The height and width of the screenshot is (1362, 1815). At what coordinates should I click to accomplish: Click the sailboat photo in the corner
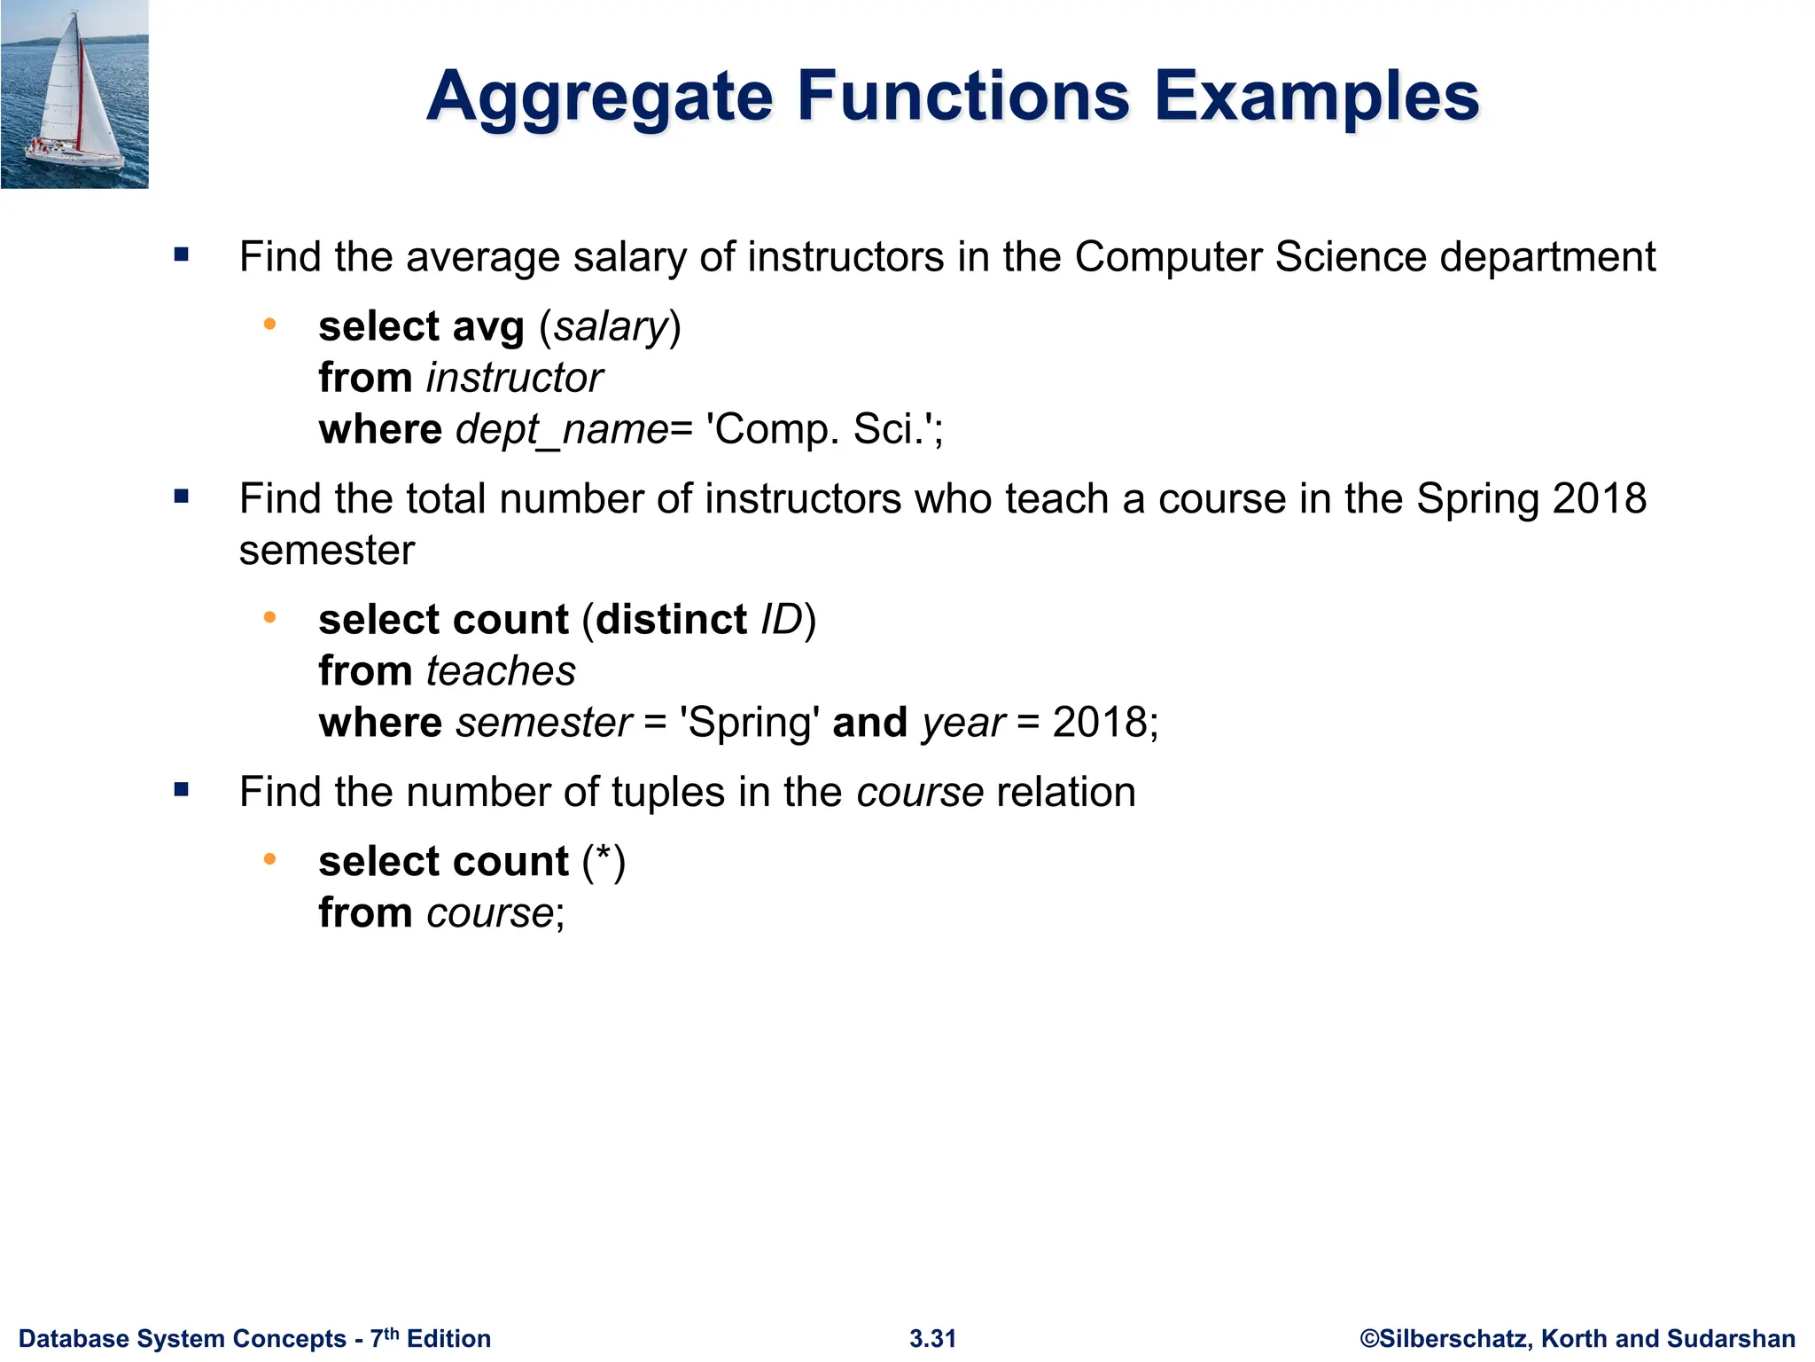point(74,94)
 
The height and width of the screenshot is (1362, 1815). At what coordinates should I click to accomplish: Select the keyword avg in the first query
point(488,327)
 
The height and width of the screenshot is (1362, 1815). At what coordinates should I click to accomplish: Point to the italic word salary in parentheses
point(610,327)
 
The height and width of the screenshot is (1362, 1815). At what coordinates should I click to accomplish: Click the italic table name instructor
point(514,379)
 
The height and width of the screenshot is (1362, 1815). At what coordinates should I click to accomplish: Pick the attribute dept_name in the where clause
point(562,430)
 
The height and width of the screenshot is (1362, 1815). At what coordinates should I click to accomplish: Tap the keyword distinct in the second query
point(672,620)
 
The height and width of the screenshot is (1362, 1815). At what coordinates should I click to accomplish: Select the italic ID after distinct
point(782,620)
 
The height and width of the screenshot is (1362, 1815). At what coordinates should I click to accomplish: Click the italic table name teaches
point(501,671)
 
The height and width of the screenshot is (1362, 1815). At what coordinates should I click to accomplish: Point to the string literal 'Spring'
point(749,723)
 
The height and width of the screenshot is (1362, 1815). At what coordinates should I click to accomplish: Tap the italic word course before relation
point(920,793)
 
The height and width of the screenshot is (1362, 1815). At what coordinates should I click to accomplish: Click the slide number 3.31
point(932,1339)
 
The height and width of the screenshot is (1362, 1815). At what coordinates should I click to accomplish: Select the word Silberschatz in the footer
point(1454,1339)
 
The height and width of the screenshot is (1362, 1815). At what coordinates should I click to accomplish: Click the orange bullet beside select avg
point(270,325)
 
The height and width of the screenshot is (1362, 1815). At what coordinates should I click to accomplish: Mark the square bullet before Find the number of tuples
point(182,790)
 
